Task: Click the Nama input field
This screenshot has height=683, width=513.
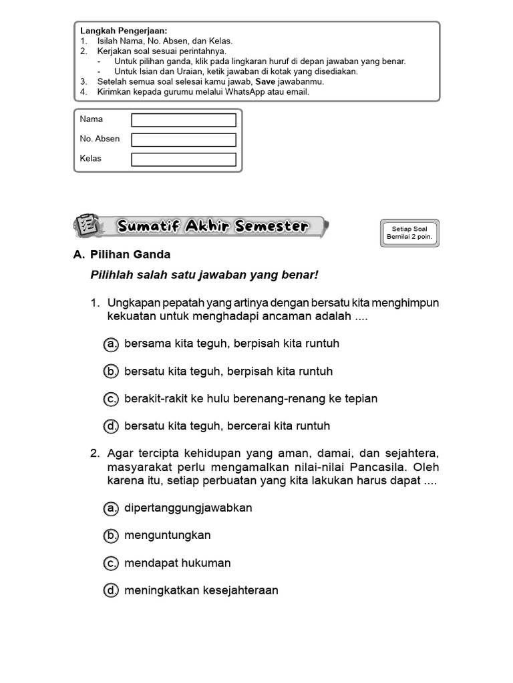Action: pos(184,120)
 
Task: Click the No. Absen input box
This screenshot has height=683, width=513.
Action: pos(184,140)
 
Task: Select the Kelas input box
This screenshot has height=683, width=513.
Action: pos(184,159)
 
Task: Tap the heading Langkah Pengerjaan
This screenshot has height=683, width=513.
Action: pos(124,31)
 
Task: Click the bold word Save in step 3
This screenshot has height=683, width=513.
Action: pos(266,81)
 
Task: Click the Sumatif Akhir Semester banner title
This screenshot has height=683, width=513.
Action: pos(213,227)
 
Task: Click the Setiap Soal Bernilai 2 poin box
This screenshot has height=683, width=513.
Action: pos(410,233)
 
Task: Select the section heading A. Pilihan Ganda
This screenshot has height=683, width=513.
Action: pos(122,254)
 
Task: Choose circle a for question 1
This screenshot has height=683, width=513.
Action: pos(111,344)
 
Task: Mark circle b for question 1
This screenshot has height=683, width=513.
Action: pos(111,372)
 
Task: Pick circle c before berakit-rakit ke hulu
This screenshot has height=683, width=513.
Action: pos(111,399)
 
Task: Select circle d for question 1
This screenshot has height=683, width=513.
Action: pos(111,426)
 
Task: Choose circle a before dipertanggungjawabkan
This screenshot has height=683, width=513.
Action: pos(111,508)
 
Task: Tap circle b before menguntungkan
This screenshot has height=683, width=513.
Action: pos(111,536)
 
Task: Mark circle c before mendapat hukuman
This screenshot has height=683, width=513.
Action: pos(111,564)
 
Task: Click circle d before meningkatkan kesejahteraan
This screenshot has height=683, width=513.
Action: pos(111,591)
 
